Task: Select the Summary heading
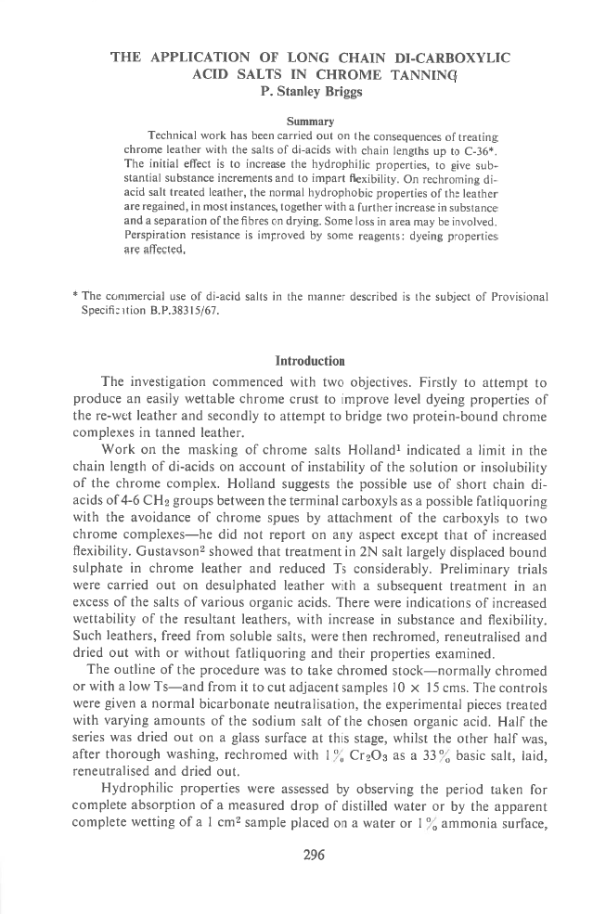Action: tap(313, 120)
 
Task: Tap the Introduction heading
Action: tap(313, 334)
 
